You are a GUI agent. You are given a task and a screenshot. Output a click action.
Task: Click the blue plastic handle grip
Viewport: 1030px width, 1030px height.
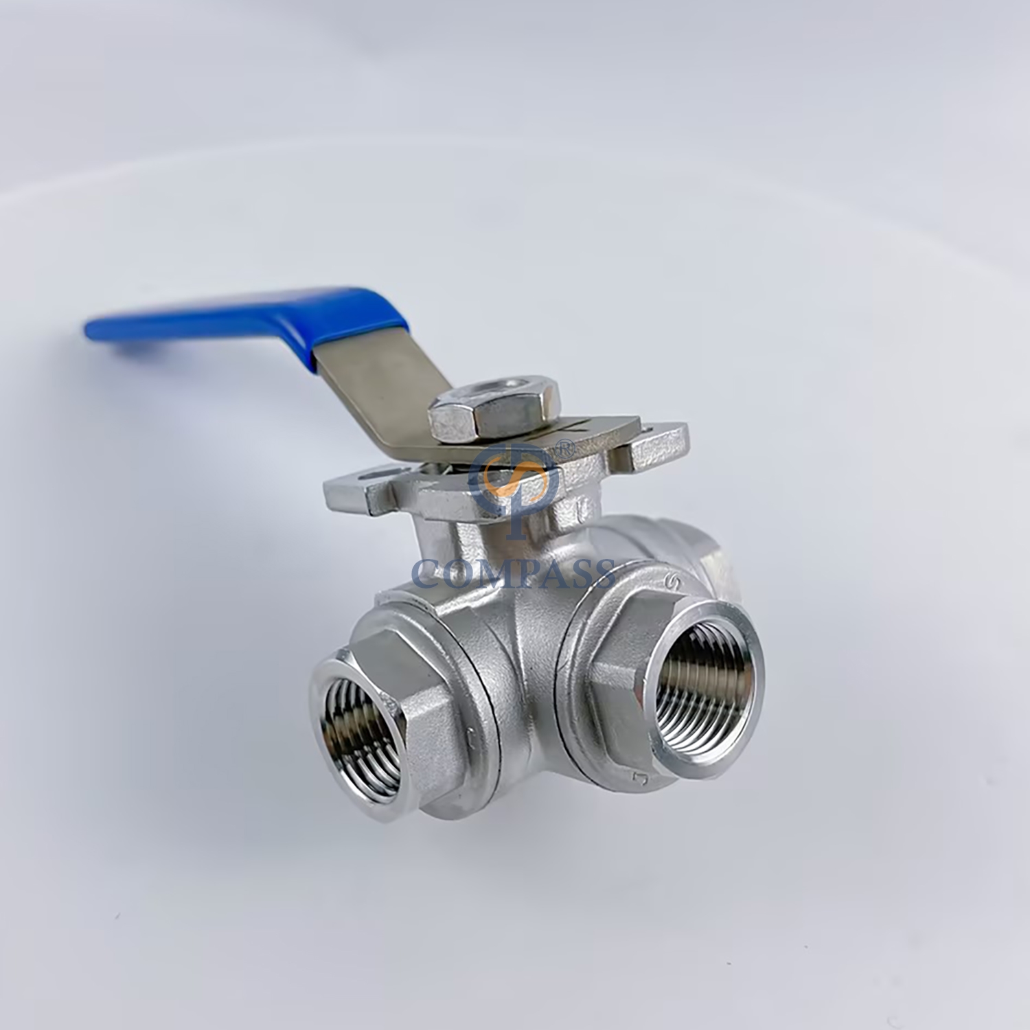coord(206,330)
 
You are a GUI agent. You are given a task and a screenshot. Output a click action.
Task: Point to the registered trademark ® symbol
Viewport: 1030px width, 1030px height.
coord(564,448)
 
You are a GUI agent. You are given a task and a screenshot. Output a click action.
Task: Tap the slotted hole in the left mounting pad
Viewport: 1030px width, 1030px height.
coord(371,474)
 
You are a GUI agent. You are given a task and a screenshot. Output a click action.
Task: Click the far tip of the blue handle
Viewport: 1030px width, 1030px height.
coord(93,331)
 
